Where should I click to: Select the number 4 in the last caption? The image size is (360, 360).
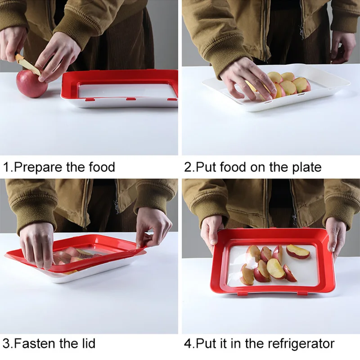tap(188, 344)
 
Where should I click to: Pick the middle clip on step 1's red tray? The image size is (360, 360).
tap(130, 99)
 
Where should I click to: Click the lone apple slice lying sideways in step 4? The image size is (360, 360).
tap(298, 252)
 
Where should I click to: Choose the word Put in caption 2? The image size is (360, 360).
tap(207, 167)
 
